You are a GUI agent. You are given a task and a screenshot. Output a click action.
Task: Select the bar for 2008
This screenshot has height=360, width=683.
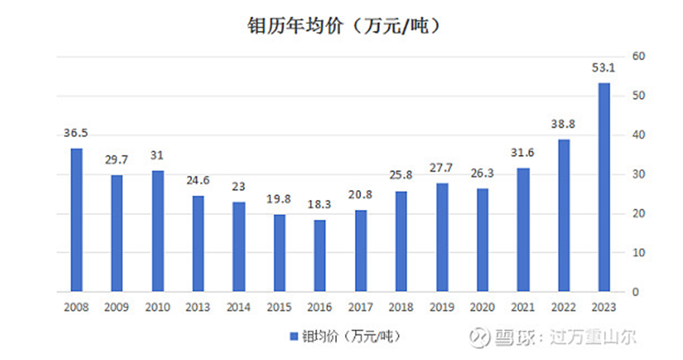click(76, 220)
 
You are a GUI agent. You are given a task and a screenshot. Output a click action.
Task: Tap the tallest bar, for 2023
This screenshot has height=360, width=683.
click(604, 187)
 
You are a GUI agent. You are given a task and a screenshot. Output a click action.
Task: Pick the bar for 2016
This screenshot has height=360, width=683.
click(320, 255)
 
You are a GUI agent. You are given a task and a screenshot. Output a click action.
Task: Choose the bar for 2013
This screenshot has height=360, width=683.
click(198, 243)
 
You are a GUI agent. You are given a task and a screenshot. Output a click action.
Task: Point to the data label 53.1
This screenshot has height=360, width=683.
click(604, 68)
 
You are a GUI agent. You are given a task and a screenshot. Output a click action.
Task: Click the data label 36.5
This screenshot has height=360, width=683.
click(76, 133)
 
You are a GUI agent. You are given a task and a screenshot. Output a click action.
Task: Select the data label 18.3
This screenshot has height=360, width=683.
click(320, 204)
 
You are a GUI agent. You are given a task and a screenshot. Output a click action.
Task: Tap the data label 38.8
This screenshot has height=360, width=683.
click(564, 124)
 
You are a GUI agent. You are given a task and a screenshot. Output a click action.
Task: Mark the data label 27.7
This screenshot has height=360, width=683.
click(442, 167)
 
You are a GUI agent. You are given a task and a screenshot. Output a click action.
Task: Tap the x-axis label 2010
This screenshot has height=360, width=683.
click(157, 306)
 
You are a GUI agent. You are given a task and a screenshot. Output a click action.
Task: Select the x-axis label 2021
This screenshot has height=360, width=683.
click(523, 306)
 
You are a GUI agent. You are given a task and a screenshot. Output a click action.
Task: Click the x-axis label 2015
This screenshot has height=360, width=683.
click(279, 306)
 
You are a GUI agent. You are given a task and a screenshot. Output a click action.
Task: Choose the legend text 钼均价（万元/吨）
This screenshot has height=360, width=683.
click(356, 337)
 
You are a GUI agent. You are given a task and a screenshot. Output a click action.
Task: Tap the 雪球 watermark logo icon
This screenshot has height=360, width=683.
click(475, 337)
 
